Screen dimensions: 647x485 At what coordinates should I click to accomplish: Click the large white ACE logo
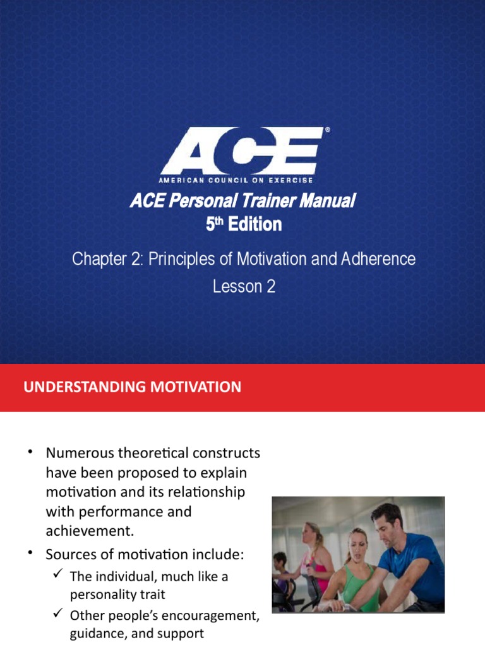tap(241, 150)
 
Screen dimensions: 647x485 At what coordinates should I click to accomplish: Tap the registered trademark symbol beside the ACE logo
tap(326, 130)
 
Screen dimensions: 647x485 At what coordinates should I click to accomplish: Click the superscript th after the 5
tap(219, 221)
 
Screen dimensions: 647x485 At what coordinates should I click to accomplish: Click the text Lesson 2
tap(244, 286)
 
